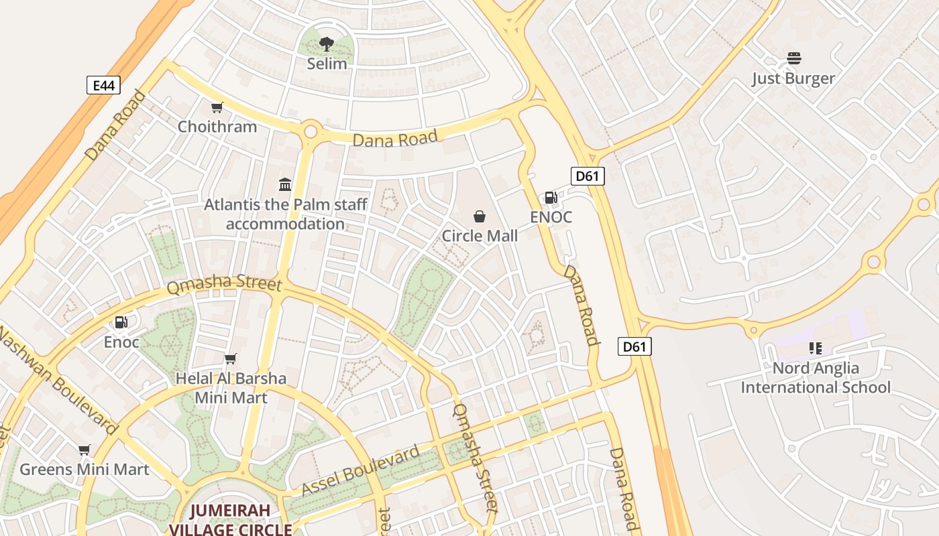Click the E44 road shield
[103, 85]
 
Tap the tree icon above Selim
[327, 45]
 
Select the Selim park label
[327, 64]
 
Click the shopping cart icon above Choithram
[217, 107]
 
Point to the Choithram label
[217, 127]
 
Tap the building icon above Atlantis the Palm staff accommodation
[285, 184]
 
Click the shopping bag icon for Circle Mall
[480, 216]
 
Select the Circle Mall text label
[480, 236]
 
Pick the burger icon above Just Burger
[794, 58]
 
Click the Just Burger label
[793, 78]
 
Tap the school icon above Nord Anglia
[815, 348]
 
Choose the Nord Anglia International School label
[816, 378]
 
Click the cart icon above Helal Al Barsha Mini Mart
[231, 359]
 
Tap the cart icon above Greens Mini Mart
[84, 450]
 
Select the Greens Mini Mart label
[84, 469]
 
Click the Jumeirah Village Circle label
[230, 520]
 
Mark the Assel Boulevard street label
[360, 471]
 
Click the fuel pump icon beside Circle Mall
[550, 197]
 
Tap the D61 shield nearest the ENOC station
[588, 176]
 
